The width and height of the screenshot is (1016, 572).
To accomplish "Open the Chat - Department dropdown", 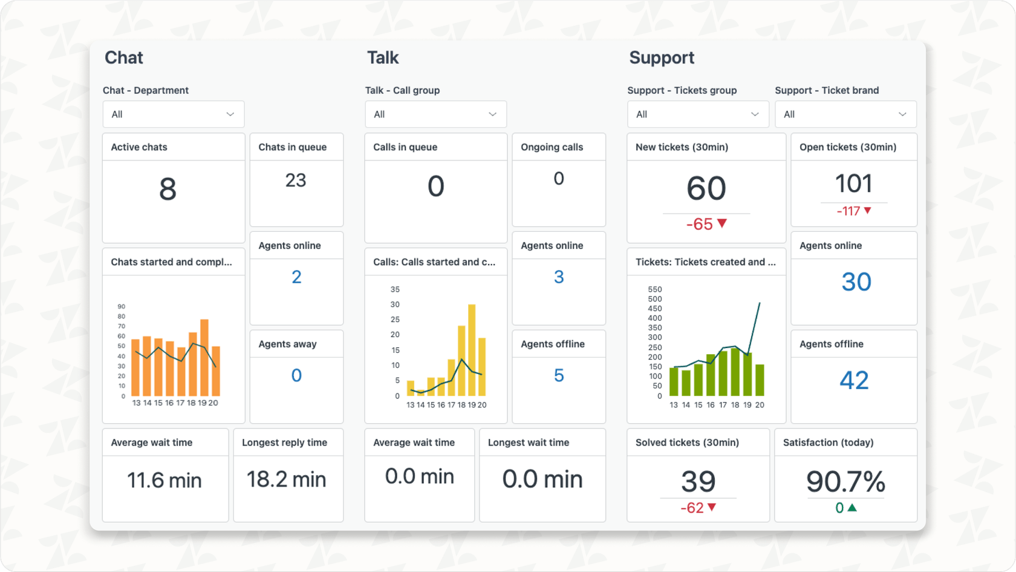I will click(173, 114).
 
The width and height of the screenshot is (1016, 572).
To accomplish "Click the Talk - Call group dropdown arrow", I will click(492, 114).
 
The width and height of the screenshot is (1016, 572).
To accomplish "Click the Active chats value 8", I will click(168, 189).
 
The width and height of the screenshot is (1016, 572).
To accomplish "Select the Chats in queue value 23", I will click(296, 180).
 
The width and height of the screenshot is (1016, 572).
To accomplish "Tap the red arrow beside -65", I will click(722, 223).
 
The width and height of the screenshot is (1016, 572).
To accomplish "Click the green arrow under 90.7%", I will click(852, 508).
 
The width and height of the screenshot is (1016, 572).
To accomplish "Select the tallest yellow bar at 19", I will click(472, 350).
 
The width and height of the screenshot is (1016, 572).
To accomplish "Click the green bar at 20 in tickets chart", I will click(760, 380).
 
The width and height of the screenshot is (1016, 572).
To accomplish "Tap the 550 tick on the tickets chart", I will click(654, 289).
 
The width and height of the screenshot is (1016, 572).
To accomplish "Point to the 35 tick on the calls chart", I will click(395, 289).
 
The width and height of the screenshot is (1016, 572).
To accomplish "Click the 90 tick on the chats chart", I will click(122, 307).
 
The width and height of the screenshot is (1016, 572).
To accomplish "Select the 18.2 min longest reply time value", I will click(287, 479).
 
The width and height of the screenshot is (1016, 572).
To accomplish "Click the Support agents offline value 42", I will click(854, 380).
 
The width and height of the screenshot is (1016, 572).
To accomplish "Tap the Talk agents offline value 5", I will click(559, 375).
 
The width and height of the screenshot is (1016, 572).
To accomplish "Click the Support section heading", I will click(662, 58).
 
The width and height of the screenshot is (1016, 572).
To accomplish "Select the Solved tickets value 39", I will click(698, 481).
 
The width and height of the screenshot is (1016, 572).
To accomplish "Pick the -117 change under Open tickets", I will click(848, 211).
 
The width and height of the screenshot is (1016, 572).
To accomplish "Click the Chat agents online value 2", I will click(296, 277).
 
